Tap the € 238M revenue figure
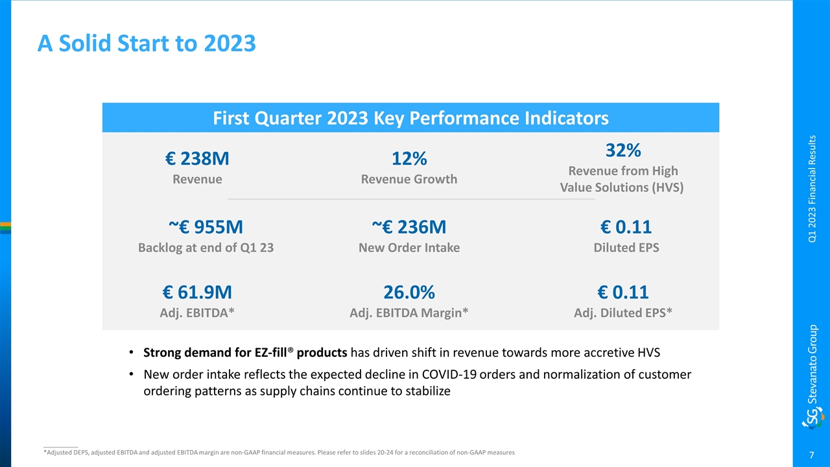(x=197, y=158)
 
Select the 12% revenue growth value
(x=409, y=158)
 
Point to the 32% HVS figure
(x=622, y=150)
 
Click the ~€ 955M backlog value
(x=206, y=227)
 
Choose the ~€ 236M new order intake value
(x=409, y=227)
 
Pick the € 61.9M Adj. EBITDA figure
(x=197, y=292)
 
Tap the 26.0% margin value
(x=409, y=292)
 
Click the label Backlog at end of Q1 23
(x=206, y=247)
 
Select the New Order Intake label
(x=409, y=247)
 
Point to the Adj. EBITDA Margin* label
(x=409, y=313)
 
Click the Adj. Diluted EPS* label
(x=622, y=313)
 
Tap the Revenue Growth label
(x=409, y=179)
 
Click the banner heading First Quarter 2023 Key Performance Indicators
(x=410, y=118)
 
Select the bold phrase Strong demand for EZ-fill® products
(x=246, y=353)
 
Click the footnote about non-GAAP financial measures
(x=279, y=453)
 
